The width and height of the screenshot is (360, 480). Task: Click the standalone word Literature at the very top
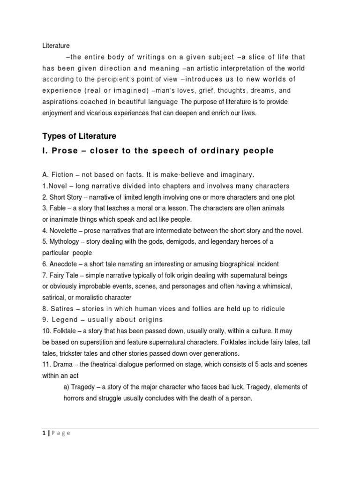pos(56,46)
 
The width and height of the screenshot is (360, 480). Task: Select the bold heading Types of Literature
pos(79,136)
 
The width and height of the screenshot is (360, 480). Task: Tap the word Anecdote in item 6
pos(63,264)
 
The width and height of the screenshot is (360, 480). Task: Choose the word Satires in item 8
pos(61,309)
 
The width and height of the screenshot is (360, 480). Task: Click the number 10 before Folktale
pos(46,331)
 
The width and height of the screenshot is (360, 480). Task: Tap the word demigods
pos(180,241)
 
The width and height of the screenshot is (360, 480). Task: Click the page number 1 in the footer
pos(44,433)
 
